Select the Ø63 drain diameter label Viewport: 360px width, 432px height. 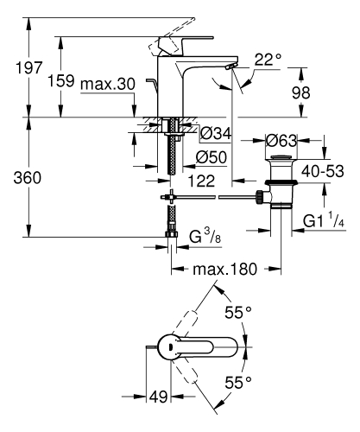pos(281,140)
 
